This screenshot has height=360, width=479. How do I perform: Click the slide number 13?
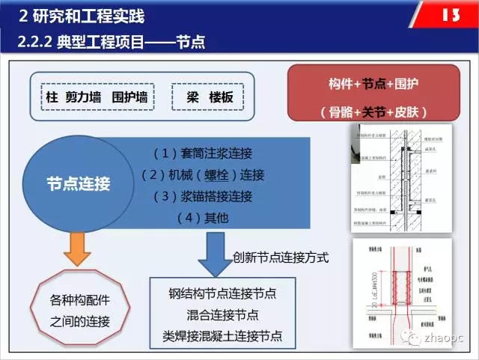click(453, 16)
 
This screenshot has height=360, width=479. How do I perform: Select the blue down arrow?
click(214, 254)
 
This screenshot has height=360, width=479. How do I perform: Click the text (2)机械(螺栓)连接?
click(203, 175)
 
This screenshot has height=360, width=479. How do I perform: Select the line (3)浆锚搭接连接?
click(202, 197)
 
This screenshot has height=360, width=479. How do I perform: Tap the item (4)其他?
click(202, 218)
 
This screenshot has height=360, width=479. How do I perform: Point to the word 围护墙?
click(133, 97)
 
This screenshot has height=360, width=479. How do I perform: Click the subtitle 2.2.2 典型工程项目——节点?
click(109, 43)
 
